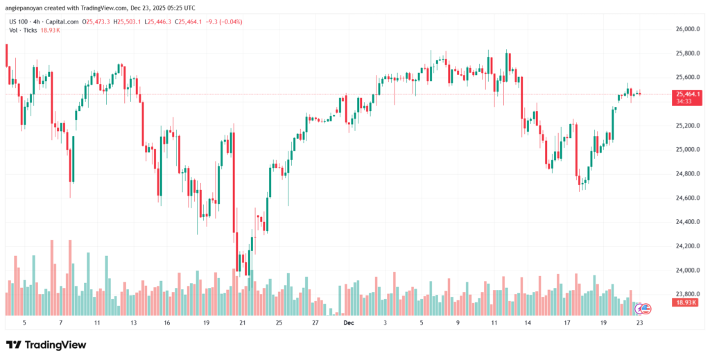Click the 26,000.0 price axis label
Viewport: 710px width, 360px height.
tap(684, 29)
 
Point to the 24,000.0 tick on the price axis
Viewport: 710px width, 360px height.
tap(684, 270)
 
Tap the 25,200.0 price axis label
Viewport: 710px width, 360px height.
tap(684, 126)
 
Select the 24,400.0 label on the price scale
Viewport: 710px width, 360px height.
tap(684, 222)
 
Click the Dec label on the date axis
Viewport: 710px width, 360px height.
tap(349, 323)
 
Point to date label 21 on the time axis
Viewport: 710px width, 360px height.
tap(242, 323)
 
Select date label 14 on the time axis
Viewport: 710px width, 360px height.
tap(528, 323)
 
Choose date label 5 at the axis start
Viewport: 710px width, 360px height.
tap(24, 323)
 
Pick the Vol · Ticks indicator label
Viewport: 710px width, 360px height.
tap(24, 31)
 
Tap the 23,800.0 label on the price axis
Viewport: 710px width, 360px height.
tap(684, 294)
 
